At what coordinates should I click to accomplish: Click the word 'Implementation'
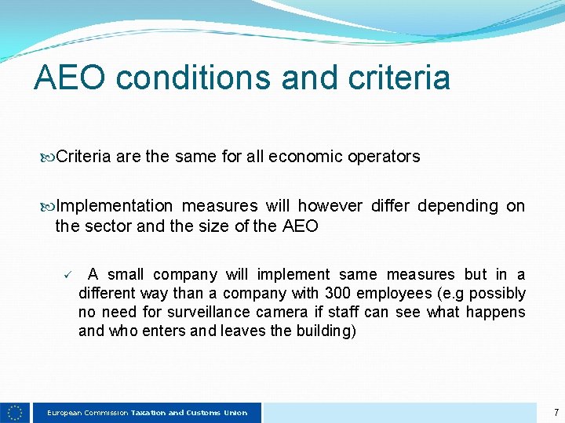pyautogui.click(x=115, y=206)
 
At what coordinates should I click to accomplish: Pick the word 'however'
pyautogui.click(x=330, y=206)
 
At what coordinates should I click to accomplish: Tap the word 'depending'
pyautogui.click(x=457, y=206)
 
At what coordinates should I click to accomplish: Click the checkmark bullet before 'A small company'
pyautogui.click(x=68, y=274)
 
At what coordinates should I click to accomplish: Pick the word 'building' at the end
pyautogui.click(x=325, y=331)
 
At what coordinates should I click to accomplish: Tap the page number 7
pyautogui.click(x=556, y=412)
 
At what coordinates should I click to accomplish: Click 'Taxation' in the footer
pyautogui.click(x=148, y=413)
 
